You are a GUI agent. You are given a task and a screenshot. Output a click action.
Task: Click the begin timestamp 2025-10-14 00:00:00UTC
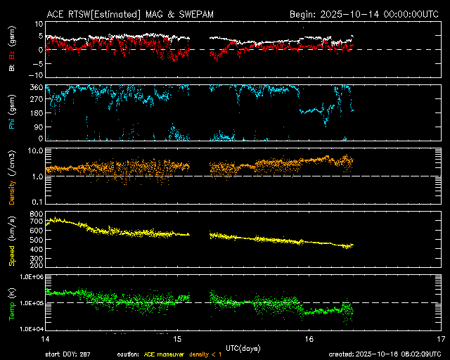coord(364,14)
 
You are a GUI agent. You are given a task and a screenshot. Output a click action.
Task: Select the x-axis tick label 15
coord(178,339)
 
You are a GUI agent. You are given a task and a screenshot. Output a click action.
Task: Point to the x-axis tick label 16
coord(309,339)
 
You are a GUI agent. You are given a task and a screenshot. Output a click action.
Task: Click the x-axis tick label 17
coord(439,339)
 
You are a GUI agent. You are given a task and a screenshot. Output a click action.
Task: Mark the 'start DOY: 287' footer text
coord(68,354)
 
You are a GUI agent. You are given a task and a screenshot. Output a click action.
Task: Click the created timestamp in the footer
coord(384,354)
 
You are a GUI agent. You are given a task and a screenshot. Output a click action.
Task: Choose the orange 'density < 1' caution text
coord(208,354)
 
